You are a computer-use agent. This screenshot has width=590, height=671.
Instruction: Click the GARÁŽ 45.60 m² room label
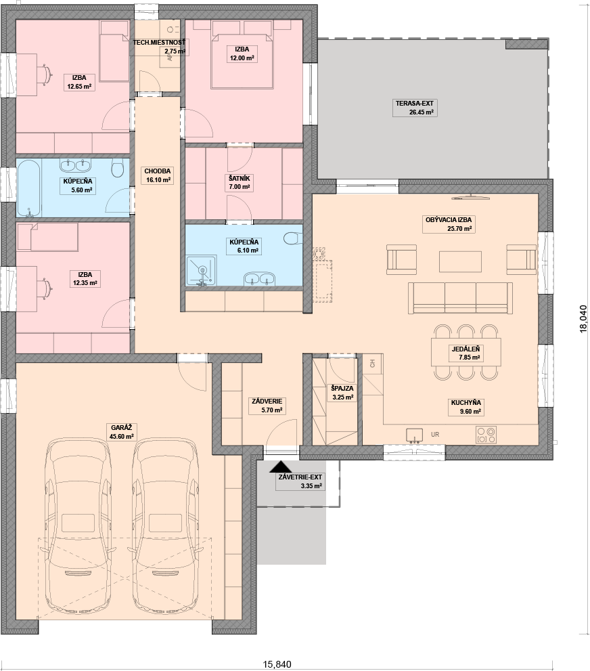(x=121, y=432)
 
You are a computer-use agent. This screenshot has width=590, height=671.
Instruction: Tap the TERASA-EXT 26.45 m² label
(x=415, y=108)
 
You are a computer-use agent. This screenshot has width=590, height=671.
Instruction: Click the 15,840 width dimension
(x=277, y=664)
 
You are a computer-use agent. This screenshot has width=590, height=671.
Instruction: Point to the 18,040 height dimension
(x=584, y=318)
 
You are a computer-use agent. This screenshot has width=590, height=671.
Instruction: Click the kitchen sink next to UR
(x=414, y=435)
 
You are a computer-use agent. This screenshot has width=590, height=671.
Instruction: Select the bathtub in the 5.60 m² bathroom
(x=29, y=188)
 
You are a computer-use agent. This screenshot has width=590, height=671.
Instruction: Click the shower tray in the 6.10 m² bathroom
(x=202, y=271)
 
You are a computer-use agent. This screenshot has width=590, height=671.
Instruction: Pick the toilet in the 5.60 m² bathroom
(x=117, y=168)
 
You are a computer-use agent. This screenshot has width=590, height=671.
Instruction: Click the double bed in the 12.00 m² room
(x=242, y=60)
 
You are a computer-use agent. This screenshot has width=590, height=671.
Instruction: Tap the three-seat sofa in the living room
(x=460, y=298)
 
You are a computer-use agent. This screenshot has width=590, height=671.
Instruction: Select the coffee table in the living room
(x=460, y=261)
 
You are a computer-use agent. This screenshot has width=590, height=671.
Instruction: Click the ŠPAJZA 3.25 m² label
(x=342, y=393)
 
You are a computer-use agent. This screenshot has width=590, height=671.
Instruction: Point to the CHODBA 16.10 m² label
(x=158, y=175)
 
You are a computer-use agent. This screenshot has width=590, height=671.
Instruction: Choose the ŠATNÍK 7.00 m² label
(x=240, y=182)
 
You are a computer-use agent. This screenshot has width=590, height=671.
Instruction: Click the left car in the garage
(x=78, y=525)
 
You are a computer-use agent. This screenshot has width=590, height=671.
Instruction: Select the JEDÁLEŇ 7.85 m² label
(x=466, y=353)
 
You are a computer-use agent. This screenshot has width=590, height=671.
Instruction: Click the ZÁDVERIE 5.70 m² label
(x=267, y=406)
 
